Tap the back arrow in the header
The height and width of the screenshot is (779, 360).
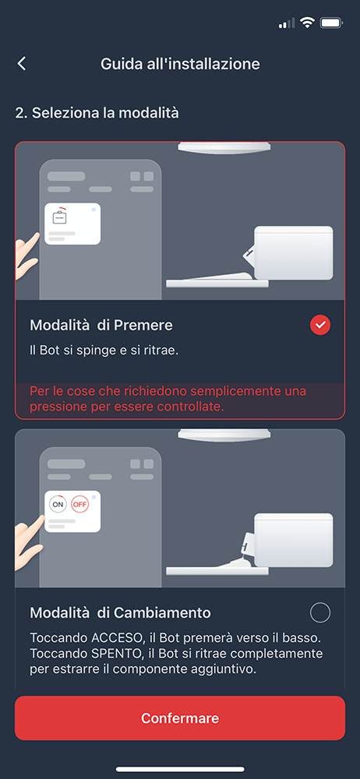tap(22, 64)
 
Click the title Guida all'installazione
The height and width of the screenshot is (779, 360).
tap(180, 64)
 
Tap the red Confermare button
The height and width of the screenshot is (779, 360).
tap(180, 718)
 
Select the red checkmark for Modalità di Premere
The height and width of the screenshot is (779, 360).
tap(320, 325)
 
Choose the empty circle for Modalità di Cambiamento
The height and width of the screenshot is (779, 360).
tap(320, 612)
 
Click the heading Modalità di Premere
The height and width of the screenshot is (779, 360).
tap(101, 325)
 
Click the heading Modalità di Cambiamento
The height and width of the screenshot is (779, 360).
tap(120, 612)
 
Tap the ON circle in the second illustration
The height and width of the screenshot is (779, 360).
tap(58, 504)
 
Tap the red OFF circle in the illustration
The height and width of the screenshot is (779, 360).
tap(79, 504)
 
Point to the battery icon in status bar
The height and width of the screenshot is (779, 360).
tap(331, 23)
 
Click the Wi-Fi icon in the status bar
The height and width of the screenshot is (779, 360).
tap(307, 23)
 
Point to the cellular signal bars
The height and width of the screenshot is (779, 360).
tap(287, 24)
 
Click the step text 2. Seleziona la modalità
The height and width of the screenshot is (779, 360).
tap(97, 113)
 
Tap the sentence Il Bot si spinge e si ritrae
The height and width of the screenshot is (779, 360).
tap(104, 351)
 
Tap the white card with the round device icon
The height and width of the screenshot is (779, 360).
tap(72, 224)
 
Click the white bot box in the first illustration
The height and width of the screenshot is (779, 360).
tap(293, 252)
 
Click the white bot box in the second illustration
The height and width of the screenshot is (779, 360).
tap(293, 539)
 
